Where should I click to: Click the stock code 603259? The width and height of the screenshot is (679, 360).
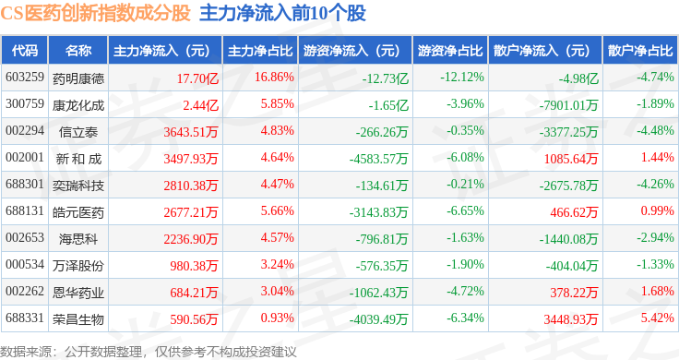[x=25, y=78]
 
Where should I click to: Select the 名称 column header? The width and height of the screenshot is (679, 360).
[x=78, y=50]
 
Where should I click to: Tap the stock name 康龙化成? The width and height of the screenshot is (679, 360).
[x=78, y=105]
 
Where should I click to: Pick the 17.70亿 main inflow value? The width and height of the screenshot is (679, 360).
[x=197, y=78]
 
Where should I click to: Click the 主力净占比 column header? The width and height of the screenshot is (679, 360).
[x=260, y=50]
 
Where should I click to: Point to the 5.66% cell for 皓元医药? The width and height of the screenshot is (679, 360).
[x=277, y=211]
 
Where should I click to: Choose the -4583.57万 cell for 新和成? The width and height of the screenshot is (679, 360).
[x=378, y=159]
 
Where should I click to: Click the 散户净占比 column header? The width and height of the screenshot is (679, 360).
[x=640, y=50]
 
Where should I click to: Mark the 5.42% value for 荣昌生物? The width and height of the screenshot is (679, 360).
[x=658, y=318]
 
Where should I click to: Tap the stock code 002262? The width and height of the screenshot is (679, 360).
[x=25, y=291]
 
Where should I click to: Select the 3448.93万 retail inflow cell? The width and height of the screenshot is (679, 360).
[x=571, y=319]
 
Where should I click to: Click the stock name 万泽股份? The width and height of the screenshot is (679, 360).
[x=78, y=266]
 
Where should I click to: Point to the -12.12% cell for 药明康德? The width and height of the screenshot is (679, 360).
[x=462, y=78]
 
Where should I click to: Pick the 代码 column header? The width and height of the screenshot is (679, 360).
[x=25, y=50]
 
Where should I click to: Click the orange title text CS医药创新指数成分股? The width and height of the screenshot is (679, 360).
[x=95, y=13]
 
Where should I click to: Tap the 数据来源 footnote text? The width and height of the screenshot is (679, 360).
[x=149, y=352]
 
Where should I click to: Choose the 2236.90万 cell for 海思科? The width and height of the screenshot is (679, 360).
[x=191, y=239]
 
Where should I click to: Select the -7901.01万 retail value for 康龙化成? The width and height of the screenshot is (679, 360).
[x=568, y=105]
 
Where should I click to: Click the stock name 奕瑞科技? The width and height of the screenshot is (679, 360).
[x=78, y=186]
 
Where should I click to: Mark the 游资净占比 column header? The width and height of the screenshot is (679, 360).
[x=450, y=50]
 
